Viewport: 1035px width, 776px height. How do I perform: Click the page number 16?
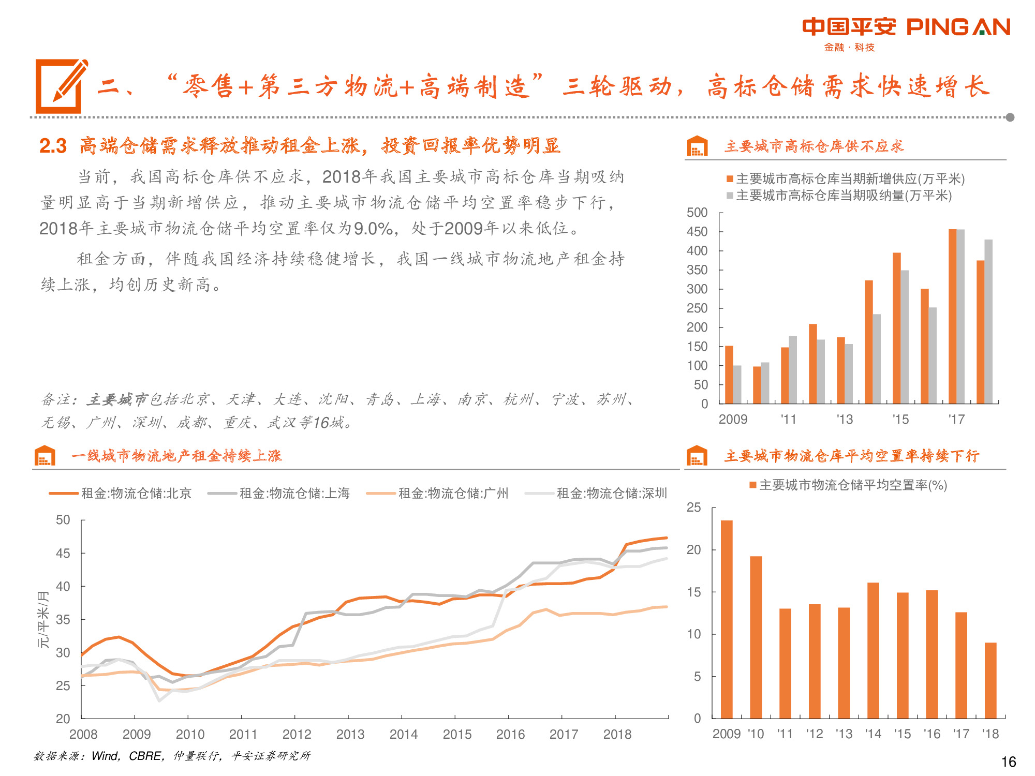click(1009, 762)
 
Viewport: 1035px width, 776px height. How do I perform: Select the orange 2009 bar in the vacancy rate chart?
click(727, 619)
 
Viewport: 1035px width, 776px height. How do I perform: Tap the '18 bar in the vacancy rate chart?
click(990, 680)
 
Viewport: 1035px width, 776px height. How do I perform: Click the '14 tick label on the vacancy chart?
click(873, 734)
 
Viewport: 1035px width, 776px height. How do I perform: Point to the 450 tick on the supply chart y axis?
click(697, 232)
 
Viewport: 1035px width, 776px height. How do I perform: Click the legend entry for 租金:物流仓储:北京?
click(120, 493)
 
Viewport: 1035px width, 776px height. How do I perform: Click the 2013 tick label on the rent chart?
click(350, 734)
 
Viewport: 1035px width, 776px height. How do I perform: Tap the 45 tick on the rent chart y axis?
click(63, 553)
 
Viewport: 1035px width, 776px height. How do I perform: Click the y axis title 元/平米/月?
click(43, 619)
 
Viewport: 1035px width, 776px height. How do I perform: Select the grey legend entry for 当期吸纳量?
click(839, 196)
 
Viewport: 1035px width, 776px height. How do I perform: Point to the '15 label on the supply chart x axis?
click(900, 419)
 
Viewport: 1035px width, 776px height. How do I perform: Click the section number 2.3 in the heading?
click(53, 146)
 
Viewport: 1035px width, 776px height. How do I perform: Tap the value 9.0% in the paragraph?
click(373, 228)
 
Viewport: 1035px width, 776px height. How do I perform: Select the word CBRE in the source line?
click(144, 756)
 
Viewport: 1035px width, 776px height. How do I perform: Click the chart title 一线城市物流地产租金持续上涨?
click(176, 456)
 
